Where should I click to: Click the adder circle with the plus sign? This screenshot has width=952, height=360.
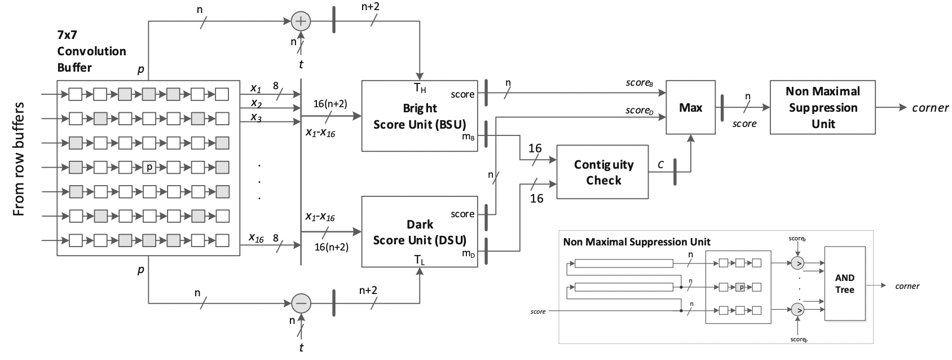pos(301,21)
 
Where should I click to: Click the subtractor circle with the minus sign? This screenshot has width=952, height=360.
pos(301,303)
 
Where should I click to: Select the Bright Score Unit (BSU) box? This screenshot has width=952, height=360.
pos(420,116)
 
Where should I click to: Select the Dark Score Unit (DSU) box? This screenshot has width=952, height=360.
pos(420,231)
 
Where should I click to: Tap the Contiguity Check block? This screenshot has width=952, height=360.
pos(603,172)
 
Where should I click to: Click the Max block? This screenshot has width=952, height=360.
pos(690,107)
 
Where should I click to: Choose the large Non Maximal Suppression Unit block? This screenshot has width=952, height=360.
pos(823,107)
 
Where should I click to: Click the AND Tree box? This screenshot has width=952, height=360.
pos(844,283)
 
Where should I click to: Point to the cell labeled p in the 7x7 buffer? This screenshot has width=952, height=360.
pos(149,167)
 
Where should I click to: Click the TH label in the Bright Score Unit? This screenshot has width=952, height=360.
pos(420,88)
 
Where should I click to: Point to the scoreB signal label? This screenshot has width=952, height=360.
pos(639,83)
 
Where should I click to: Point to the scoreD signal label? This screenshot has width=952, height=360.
pos(639,110)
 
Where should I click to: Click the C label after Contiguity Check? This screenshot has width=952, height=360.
pos(660,165)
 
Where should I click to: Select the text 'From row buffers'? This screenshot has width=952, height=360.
pos(19,159)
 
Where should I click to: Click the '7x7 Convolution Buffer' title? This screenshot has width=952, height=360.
pos(91,51)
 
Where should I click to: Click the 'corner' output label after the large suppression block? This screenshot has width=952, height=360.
pos(930,108)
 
